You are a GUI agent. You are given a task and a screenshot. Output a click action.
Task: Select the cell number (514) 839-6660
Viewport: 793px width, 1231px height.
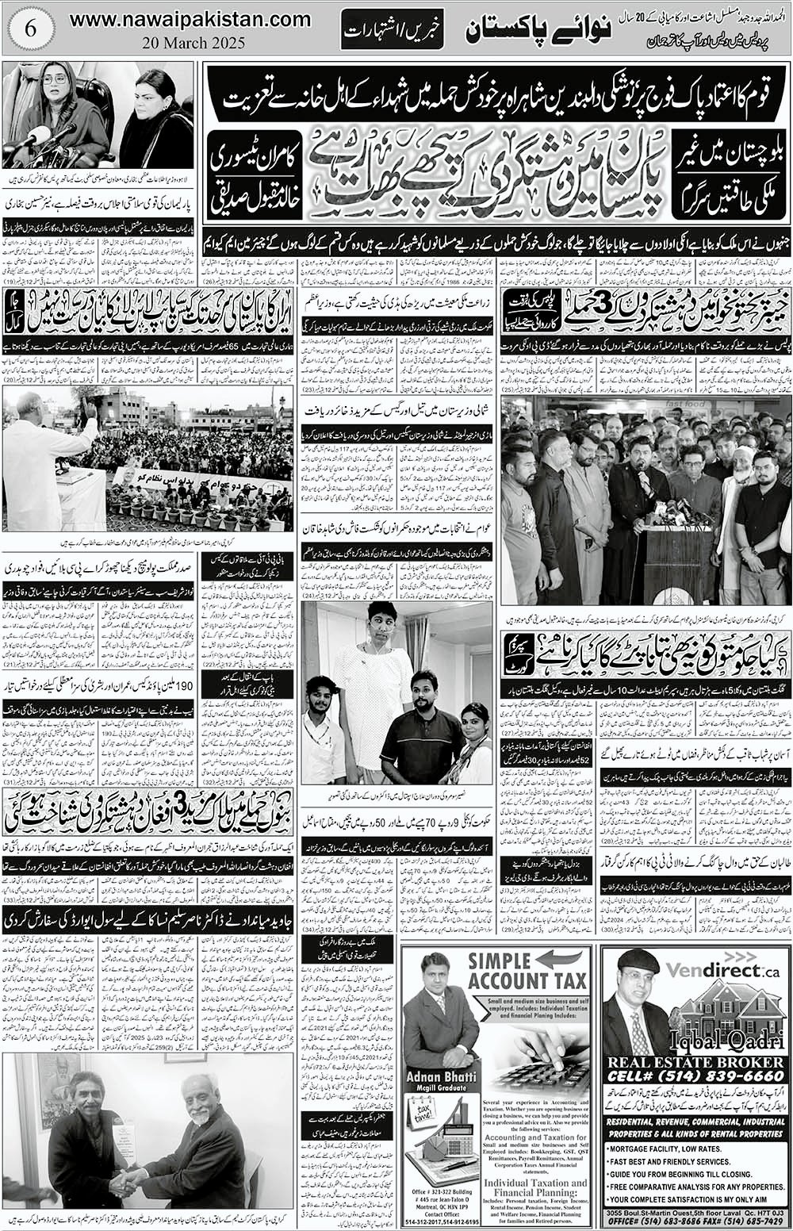click(x=695, y=1077)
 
